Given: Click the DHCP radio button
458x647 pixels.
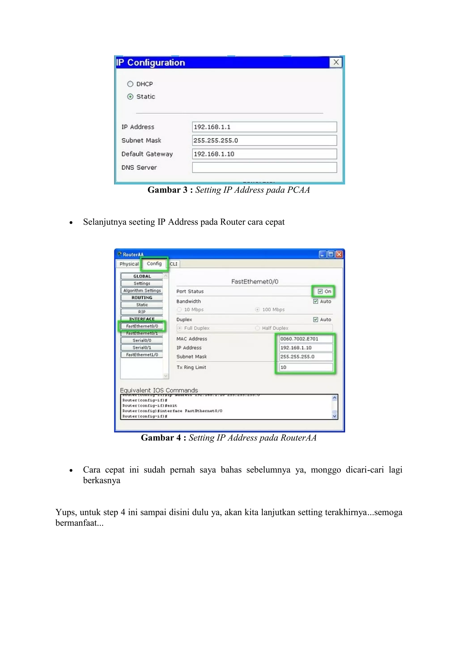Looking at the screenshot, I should tap(130, 84).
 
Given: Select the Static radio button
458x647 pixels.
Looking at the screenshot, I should tap(130, 97).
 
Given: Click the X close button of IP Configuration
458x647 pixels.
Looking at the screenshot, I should tap(336, 62).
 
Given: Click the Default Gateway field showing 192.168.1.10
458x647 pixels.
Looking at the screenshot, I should tap(264, 154).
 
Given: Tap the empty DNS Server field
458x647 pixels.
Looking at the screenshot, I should tap(264, 167).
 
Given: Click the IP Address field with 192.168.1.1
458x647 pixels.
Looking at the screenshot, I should tap(264, 127).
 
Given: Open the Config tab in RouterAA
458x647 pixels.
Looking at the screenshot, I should tap(154, 264).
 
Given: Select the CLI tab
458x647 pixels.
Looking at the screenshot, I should tap(174, 264).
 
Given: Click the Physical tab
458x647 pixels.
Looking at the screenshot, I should tap(129, 264).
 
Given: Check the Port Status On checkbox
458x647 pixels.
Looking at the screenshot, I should tap(320, 291).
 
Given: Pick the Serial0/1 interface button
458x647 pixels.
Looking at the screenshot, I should tap(142, 348).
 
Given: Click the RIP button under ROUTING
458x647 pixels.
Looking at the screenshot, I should tap(142, 312).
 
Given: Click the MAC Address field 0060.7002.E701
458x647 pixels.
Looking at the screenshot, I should tap(306, 339).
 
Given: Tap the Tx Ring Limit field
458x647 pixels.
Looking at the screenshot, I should tap(306, 368).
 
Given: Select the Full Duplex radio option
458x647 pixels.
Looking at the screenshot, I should tap(180, 328).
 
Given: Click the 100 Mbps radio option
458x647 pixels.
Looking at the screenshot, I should tap(257, 310).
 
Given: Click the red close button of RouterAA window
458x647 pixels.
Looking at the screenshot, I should tap(339, 255).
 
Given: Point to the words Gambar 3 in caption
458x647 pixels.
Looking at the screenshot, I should tap(167, 190).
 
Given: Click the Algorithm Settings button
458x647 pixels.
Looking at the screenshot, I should tap(142, 290).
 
